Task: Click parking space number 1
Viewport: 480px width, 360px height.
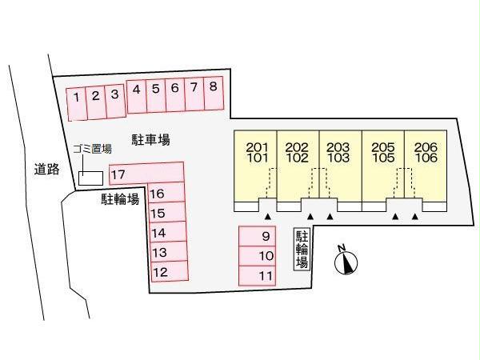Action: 77,104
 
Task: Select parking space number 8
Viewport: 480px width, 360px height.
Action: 214,93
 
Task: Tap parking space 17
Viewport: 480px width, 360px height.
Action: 146,174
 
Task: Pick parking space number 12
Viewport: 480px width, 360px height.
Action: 170,271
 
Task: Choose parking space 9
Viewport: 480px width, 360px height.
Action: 257,236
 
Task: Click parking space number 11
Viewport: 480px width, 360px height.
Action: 257,275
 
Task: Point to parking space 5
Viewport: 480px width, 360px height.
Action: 156,96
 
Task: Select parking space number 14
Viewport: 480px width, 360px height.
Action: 168,232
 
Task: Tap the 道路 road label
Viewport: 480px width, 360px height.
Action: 46,169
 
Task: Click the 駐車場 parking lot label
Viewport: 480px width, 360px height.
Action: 150,140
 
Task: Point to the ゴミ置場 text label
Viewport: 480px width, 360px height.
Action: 92,149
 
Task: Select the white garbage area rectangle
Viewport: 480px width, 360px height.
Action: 90,178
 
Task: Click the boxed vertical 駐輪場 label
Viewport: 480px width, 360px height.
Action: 302,249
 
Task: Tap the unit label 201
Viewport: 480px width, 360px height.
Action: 257,147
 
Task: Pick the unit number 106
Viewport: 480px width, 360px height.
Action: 426,158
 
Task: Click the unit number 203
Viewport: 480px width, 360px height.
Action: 338,147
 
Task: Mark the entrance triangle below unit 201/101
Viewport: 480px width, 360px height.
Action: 268,217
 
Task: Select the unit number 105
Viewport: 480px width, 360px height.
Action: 383,158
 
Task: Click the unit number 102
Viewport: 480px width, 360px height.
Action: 297,158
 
